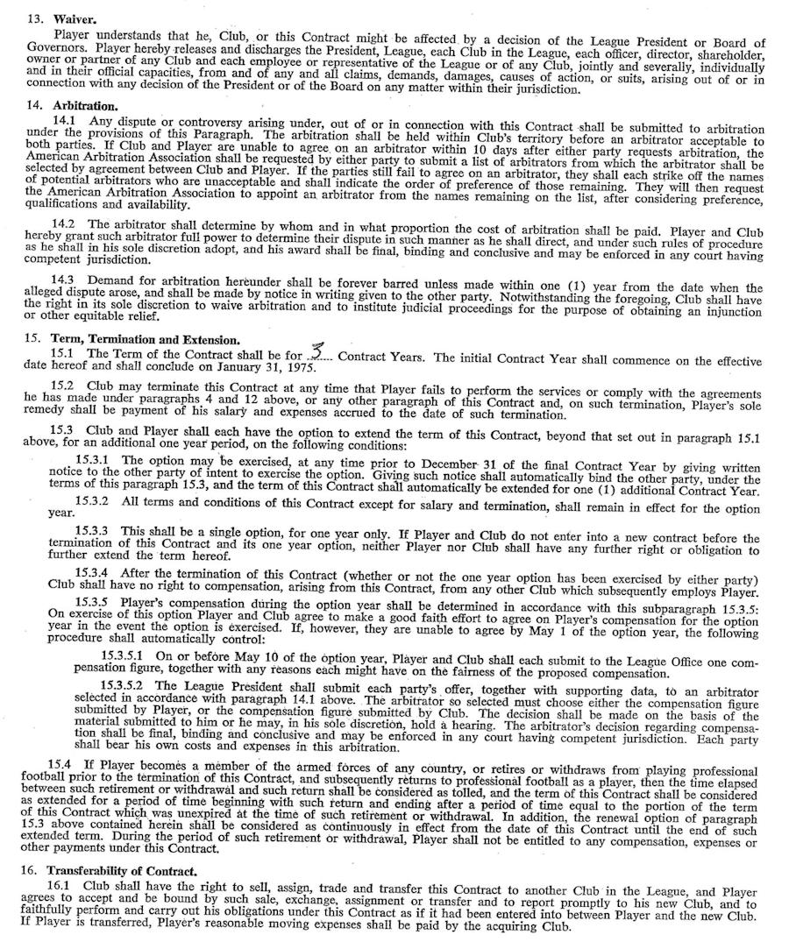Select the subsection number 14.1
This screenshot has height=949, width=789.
(64, 120)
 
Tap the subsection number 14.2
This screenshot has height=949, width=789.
(64, 224)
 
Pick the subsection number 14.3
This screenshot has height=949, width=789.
(64, 278)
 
